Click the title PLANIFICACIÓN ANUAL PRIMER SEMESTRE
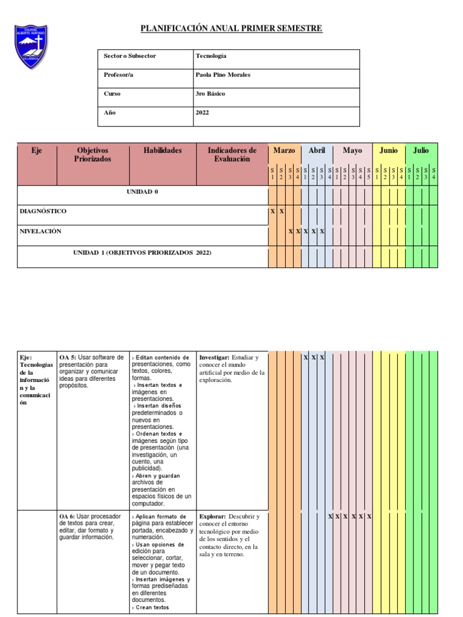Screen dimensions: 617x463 click(x=231, y=28)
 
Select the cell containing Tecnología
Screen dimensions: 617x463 click(x=211, y=56)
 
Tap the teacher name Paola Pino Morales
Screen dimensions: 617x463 click(x=223, y=75)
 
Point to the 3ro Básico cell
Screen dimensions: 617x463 click(x=210, y=94)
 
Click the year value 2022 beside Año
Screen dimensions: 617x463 click(x=203, y=113)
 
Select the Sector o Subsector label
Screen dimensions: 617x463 click(x=130, y=56)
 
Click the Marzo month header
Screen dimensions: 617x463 click(x=284, y=151)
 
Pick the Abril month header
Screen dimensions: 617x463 click(x=317, y=151)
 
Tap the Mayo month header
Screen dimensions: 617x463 click(x=353, y=151)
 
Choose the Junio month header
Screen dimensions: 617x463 click(x=389, y=151)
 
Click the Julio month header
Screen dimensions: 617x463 click(x=421, y=151)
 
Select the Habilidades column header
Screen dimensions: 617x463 click(x=162, y=151)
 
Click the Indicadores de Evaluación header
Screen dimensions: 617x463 click(x=232, y=155)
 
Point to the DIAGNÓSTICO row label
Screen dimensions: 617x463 click(x=43, y=211)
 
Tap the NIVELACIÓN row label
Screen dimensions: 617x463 click(x=40, y=231)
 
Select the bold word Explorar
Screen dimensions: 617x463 click(x=213, y=517)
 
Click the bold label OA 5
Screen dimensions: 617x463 click(x=68, y=357)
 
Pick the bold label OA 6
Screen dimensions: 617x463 click(x=68, y=517)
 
